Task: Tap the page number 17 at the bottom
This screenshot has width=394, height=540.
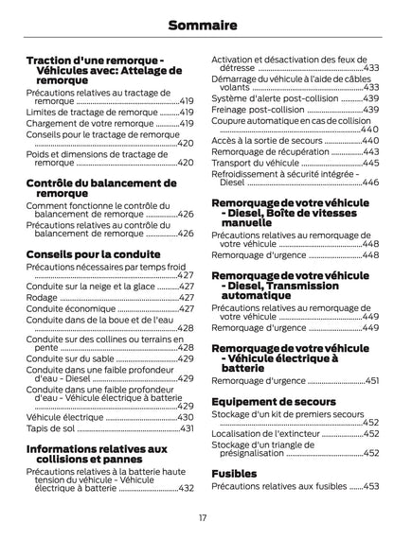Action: [x=197, y=517]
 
